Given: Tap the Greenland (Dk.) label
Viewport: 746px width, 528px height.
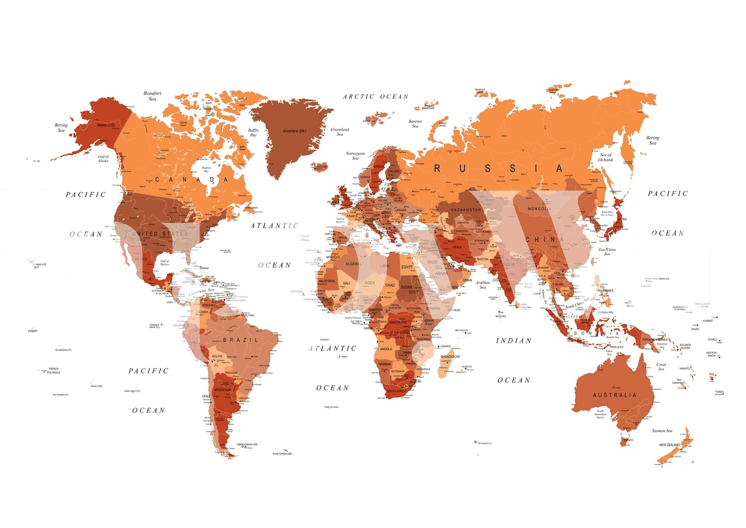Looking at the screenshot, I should (294, 131).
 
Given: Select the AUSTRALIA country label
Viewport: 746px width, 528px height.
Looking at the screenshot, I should (614, 395).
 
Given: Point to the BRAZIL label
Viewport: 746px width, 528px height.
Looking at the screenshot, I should (240, 340).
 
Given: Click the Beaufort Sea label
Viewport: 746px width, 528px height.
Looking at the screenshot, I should (152, 96).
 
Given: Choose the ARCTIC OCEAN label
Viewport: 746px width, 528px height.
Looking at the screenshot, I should (376, 97).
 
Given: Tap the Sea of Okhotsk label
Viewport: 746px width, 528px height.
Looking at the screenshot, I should (606, 157).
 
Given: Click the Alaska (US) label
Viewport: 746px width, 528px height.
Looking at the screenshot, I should (106, 125).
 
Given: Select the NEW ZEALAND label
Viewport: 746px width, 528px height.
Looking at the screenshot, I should (669, 445).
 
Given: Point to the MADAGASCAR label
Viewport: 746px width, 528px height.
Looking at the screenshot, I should (450, 356).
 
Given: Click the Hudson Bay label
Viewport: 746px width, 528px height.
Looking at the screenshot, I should (206, 169).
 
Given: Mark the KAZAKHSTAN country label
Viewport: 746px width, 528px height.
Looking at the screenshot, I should (466, 210).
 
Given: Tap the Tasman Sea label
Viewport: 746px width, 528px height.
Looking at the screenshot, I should (662, 431).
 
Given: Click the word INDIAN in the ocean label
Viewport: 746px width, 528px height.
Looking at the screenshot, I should (513, 341).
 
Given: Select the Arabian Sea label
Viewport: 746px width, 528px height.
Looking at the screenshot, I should (482, 285).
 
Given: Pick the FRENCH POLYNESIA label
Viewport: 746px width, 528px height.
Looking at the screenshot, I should (53, 370).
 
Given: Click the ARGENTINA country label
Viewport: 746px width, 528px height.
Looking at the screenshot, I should (222, 390).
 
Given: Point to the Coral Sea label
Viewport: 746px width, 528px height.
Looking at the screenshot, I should (661, 366).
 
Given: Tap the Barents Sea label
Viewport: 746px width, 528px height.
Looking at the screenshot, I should (415, 123).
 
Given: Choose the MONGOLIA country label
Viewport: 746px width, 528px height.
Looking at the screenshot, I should (539, 209).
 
